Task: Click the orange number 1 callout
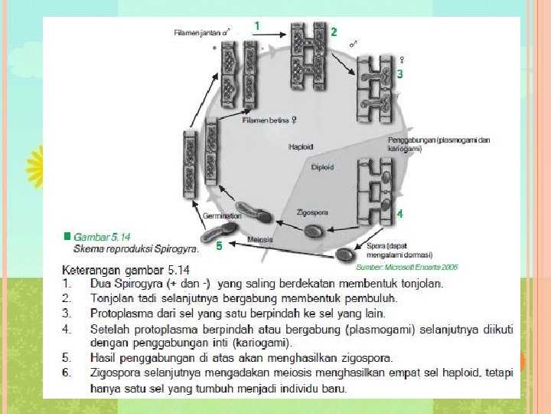[x=256, y=26]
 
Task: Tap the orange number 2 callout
[x=334, y=32]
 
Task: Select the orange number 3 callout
[x=399, y=74]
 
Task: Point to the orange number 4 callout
[x=399, y=215]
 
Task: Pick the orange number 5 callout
[x=219, y=246]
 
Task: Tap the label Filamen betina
[x=269, y=120]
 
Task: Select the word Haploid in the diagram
[x=302, y=146]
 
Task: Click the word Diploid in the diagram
[x=322, y=166]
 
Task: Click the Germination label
[x=222, y=217]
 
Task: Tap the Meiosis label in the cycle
[x=261, y=240]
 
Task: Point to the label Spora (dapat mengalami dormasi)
[x=399, y=250]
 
